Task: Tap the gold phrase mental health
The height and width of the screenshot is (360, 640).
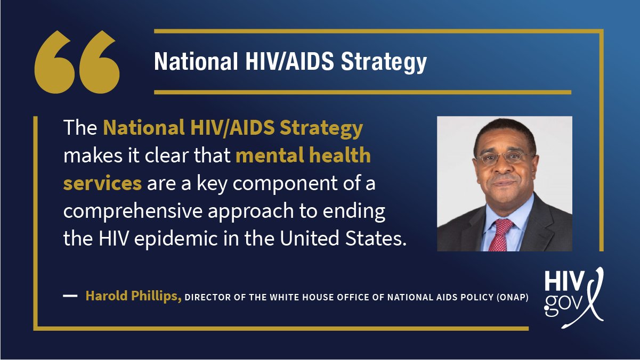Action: (x=303, y=156)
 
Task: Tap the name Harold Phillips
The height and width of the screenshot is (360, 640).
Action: (x=133, y=296)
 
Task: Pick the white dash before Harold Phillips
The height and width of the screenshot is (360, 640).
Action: (x=70, y=296)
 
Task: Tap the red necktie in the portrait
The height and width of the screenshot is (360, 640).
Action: (x=500, y=234)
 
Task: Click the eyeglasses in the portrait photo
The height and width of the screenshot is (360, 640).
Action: (x=503, y=158)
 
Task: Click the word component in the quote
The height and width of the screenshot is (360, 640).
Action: (x=273, y=184)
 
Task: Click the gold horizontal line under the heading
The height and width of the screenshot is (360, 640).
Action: (x=362, y=92)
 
